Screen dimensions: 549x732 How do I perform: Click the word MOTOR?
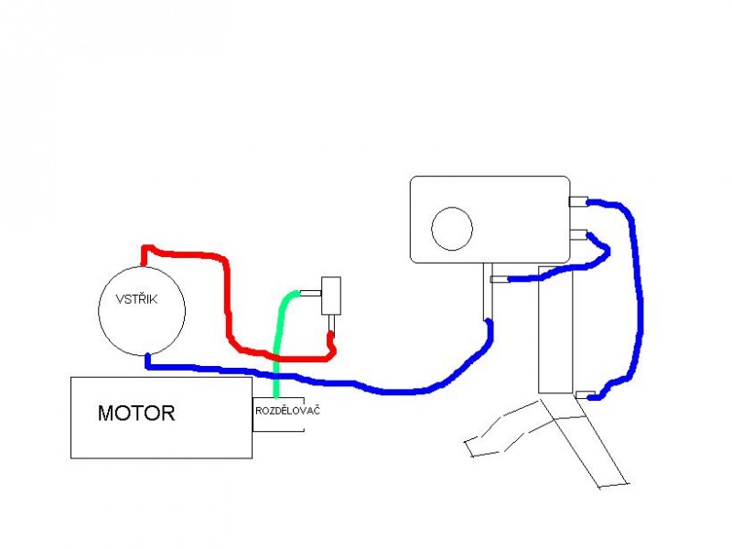[135, 413]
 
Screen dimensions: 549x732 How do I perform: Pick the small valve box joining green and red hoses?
[331, 295]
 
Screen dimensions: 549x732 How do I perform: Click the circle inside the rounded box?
[452, 228]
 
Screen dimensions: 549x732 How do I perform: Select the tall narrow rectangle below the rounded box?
[554, 329]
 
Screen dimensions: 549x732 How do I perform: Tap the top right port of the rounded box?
[578, 200]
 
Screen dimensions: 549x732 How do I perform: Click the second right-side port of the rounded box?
[578, 235]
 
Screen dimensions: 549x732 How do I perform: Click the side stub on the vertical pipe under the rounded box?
[499, 279]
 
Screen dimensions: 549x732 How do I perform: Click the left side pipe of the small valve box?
[312, 293]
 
